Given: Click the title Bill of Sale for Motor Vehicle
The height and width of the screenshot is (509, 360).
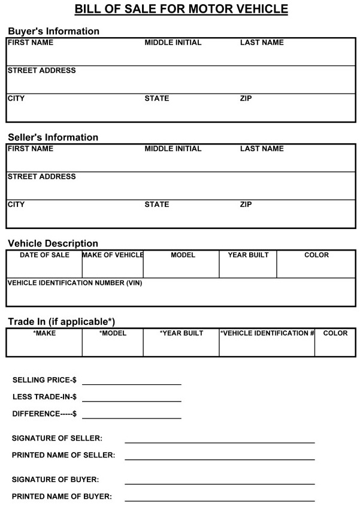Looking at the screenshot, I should coord(181,9).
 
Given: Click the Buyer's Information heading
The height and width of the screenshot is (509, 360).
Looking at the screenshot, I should coord(53,31).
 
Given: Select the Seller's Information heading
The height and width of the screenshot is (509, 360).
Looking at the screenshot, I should coord(53,137).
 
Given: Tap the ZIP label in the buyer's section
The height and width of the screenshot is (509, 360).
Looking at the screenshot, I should coord(246,98).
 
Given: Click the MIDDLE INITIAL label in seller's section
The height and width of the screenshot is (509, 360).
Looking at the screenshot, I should coord(173,149).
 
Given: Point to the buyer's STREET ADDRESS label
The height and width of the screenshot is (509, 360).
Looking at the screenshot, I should coord(41,71).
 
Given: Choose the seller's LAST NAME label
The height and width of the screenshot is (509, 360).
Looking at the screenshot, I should coord(262,149).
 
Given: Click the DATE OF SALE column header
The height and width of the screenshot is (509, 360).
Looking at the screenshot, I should coord(44,255).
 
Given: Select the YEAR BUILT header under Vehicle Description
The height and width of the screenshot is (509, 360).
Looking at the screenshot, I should coord(248,255).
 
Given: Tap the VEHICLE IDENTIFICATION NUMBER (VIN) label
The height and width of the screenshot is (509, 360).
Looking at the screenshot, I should coord(75,282).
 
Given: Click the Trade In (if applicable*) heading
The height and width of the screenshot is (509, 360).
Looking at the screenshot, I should coord(61,321).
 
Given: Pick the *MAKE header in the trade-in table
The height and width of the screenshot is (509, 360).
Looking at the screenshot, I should coord(44,333).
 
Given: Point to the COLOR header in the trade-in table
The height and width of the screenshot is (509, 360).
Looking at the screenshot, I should coord(335,333).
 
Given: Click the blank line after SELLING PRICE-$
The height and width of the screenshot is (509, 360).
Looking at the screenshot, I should coord(132,384).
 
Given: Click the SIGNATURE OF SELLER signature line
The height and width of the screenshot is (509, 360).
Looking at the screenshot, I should coord(219,442).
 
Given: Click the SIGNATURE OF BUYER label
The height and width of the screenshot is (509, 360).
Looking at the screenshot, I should coord(55,480).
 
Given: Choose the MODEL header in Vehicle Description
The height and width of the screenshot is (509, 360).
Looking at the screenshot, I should coord(183,255).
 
